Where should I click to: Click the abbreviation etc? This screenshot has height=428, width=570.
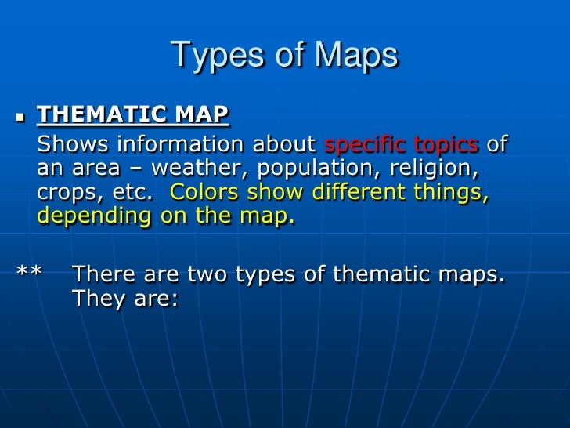coord(128,193)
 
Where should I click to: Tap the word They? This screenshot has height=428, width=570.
coord(98,299)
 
